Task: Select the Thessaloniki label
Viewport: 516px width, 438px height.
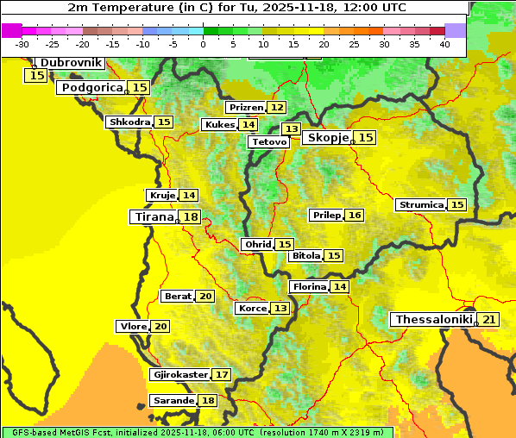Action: [x=433, y=320]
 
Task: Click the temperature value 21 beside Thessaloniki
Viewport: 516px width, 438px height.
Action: [x=489, y=320]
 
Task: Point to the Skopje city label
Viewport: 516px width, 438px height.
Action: [x=326, y=138]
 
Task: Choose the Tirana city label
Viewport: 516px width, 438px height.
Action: [x=154, y=217]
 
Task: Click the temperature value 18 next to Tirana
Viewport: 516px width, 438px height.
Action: [x=191, y=217]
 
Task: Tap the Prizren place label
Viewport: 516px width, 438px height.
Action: [x=245, y=108]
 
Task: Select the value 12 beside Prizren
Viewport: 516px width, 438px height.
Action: [x=276, y=108]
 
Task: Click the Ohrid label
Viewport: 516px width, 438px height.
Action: [x=257, y=245]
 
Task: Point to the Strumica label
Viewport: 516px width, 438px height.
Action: [x=420, y=205]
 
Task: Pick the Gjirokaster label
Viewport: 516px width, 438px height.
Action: [x=179, y=375]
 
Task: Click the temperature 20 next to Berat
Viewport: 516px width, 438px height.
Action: [x=205, y=297]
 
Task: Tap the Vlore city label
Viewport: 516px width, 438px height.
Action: [x=133, y=327]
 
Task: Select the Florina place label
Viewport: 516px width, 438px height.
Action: [x=309, y=286]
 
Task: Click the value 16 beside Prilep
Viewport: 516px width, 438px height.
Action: [x=355, y=215]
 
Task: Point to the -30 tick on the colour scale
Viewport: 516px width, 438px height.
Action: [x=22, y=44]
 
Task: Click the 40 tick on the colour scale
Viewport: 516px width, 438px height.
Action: [x=444, y=44]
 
